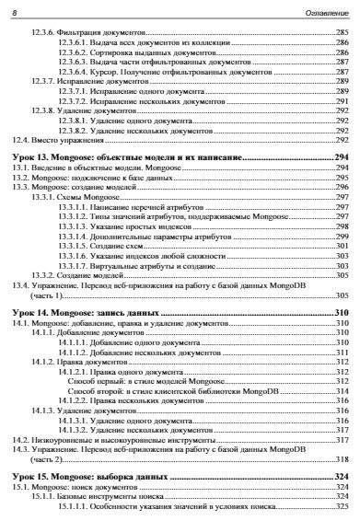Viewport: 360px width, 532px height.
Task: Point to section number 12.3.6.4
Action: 73,71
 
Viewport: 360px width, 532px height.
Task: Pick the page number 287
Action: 342,71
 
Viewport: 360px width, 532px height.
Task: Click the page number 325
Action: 342,508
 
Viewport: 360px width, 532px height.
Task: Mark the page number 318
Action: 342,459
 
